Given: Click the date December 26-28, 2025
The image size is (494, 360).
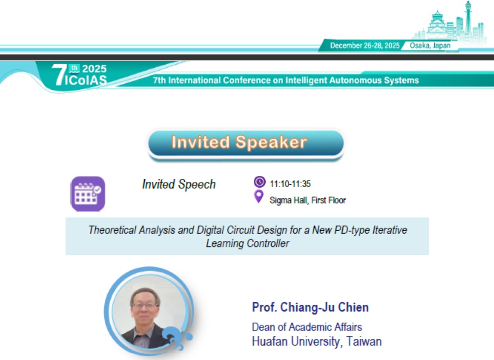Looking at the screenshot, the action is coord(365,45).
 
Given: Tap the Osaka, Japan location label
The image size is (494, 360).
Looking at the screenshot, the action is coord(430,45).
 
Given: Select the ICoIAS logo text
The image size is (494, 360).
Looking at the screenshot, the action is coord(85,80).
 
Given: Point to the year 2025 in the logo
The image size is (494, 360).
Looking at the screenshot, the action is coord(94,69).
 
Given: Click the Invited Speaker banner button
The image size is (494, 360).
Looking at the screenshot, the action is coord(246,143).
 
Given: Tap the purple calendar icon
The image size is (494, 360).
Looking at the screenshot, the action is coord(88,194).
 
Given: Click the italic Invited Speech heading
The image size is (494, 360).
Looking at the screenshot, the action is coord(179,184).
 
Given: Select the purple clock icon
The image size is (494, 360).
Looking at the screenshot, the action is coord(260,182).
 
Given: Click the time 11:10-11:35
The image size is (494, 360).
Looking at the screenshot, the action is coord(290,184).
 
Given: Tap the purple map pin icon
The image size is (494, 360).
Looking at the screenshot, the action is coord(259,197).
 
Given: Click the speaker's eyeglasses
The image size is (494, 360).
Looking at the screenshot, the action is coord(144,305).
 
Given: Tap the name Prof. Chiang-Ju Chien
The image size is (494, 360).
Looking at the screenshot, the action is coord(310,307).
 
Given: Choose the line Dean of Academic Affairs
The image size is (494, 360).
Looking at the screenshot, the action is coord(307,327).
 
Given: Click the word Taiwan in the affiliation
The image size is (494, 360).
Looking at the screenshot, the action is coord(364,341).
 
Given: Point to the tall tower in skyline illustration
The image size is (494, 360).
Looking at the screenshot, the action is coord(468,19).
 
